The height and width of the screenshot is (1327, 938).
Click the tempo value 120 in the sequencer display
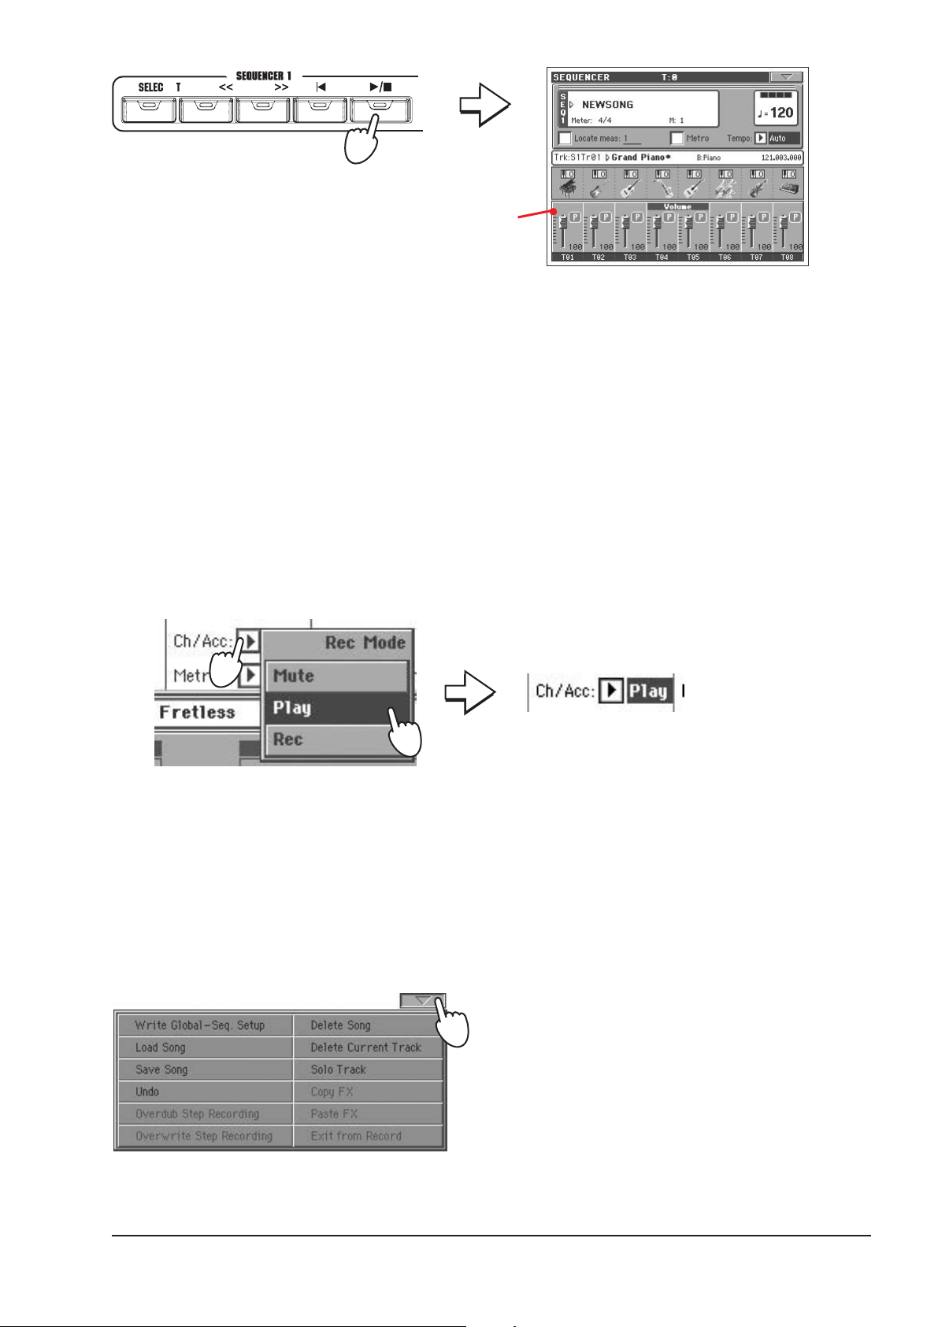[781, 113]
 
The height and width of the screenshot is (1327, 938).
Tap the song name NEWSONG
[607, 104]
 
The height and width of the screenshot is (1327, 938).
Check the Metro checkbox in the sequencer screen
[676, 139]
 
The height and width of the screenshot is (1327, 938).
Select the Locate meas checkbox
[565, 139]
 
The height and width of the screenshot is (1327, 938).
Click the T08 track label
[787, 258]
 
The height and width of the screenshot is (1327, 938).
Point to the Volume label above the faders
[677, 206]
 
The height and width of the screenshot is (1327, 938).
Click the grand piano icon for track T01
[568, 188]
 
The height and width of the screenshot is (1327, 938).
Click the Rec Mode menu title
[365, 643]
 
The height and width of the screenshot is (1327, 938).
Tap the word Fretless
[197, 712]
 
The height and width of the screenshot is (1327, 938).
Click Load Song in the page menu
[161, 1047]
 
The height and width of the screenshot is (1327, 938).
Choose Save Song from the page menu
[162, 1069]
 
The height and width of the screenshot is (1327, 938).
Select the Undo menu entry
[147, 1092]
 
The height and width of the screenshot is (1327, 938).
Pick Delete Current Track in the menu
[365, 1047]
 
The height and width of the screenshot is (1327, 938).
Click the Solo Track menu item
[339, 1069]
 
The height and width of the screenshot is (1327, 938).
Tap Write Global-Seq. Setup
[200, 1025]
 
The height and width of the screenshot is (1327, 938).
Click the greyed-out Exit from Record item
[356, 1136]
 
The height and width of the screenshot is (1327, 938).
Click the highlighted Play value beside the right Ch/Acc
[648, 691]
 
